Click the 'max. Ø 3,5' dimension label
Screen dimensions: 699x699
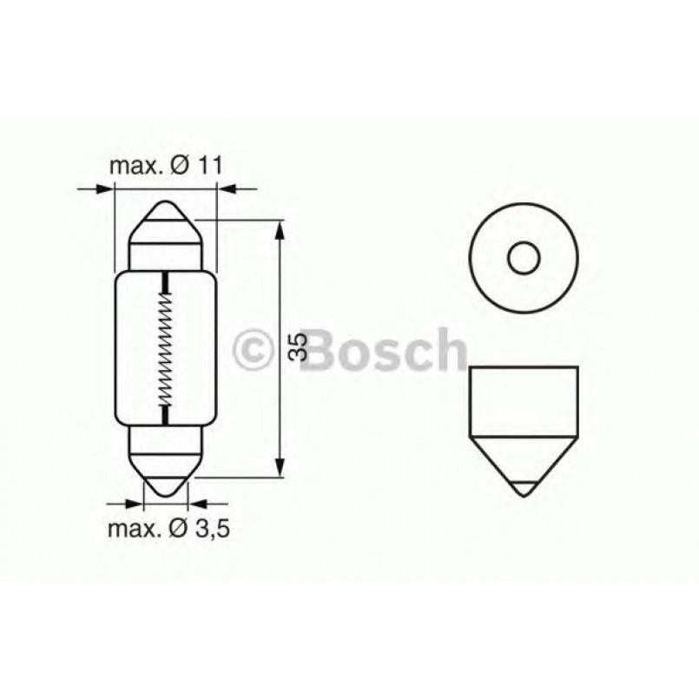pos(168,528)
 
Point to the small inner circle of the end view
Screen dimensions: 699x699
pos(524,258)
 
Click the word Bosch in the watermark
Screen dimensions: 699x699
pos(386,350)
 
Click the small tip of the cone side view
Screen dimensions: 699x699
pos(523,489)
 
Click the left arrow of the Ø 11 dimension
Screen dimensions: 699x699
pos(106,188)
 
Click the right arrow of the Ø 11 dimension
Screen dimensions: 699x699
pos(223,188)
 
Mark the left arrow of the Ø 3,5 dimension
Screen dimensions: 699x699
pos(133,502)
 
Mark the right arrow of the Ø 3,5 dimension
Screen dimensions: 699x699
pos(198,502)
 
